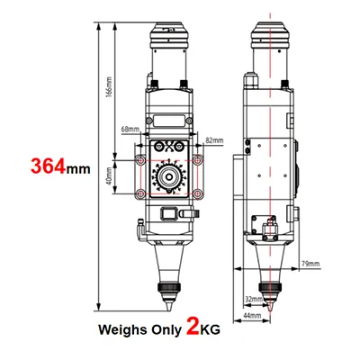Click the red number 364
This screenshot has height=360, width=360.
(x=50, y=166)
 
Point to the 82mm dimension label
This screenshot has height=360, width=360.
(x=214, y=140)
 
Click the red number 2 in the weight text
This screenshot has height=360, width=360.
(x=192, y=325)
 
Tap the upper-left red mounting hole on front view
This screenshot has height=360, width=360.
(x=139, y=159)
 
